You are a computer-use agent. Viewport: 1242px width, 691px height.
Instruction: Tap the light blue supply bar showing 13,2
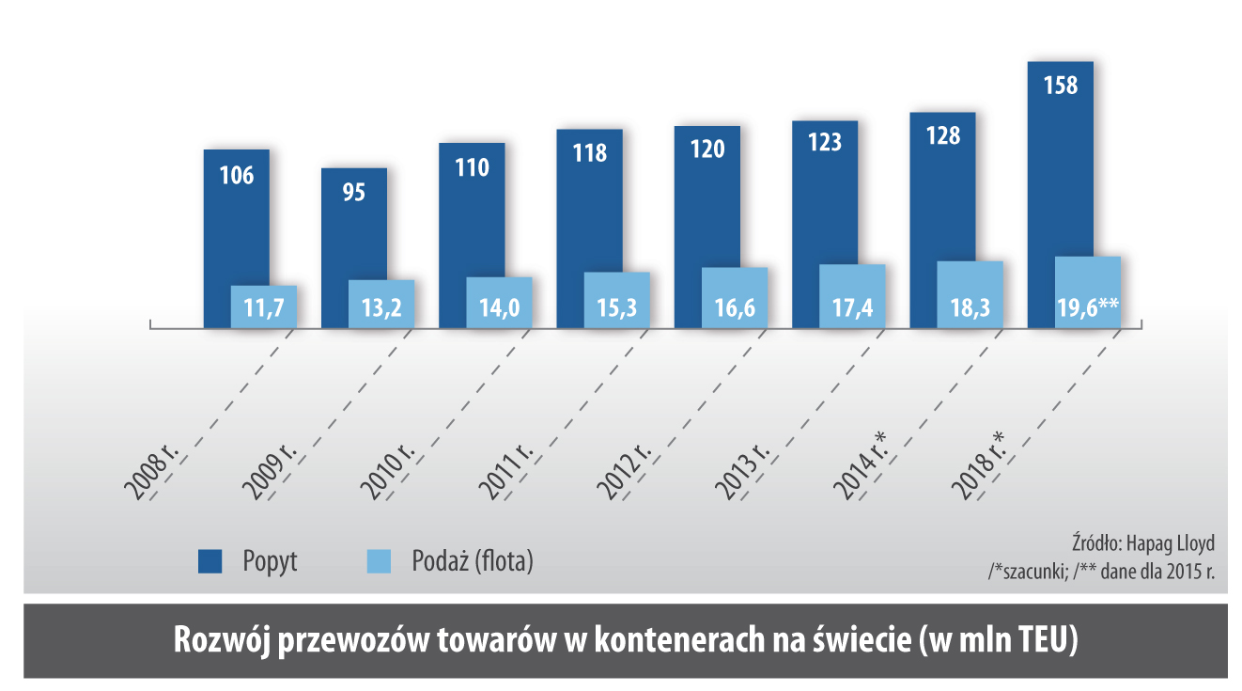coord(381,305)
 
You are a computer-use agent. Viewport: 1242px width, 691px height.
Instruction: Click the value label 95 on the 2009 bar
coord(353,192)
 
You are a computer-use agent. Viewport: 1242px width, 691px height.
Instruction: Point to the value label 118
coord(589,152)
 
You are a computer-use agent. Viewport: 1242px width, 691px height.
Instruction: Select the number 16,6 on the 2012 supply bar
coord(735,306)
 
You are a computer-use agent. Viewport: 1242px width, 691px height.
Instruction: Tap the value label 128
coord(942,135)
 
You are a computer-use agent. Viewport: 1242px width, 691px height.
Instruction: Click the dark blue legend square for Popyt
coord(210,562)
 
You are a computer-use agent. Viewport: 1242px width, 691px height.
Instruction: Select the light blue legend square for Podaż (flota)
coord(377,562)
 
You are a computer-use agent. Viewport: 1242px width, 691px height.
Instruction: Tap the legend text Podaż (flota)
coord(473,562)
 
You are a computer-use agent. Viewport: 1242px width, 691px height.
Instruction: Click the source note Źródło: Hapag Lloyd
coord(1142,543)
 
